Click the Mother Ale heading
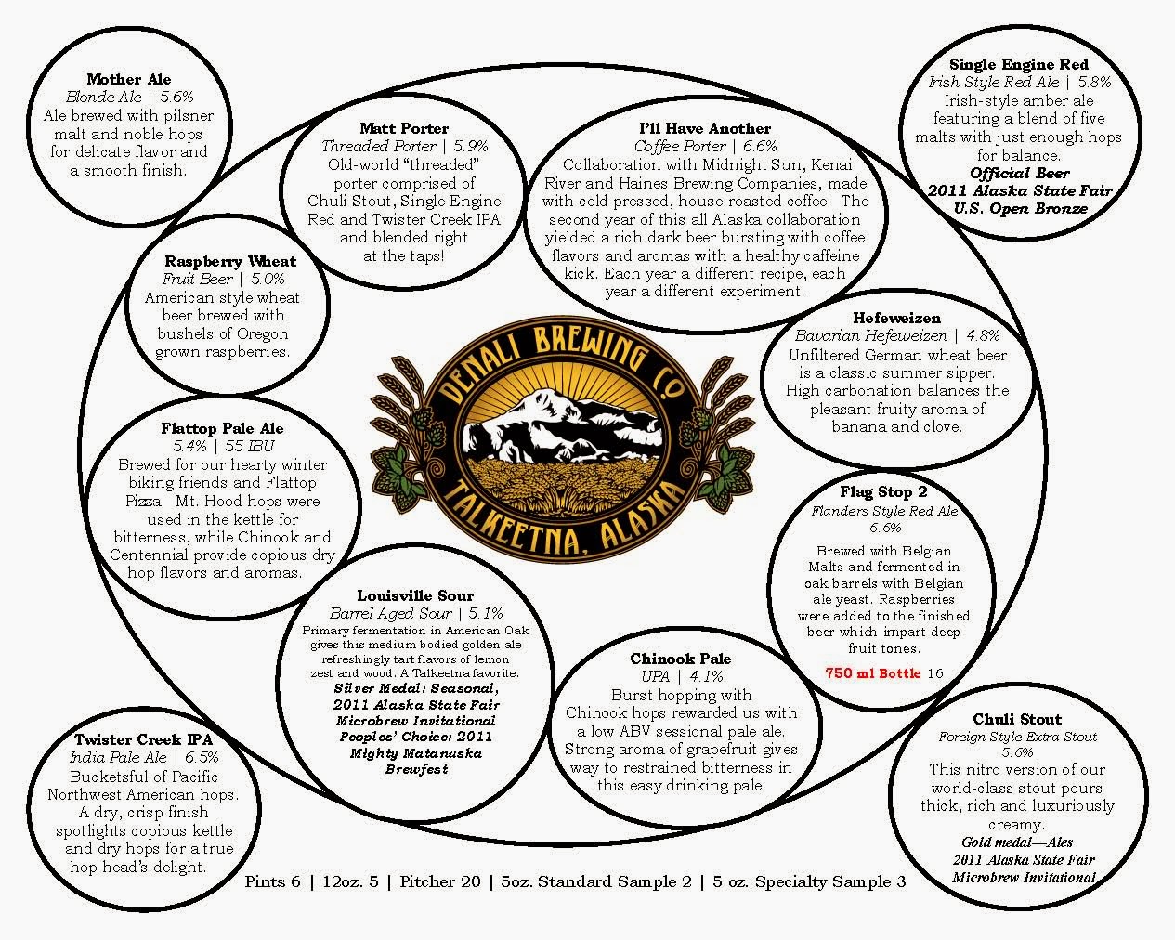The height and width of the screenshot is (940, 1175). tap(129, 80)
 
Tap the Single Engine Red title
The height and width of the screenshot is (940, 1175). tap(1018, 64)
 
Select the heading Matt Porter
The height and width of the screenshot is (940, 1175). tap(404, 128)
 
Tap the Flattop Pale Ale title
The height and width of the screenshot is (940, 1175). tap(222, 429)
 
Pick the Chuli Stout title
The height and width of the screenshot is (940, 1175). tap(1017, 719)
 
